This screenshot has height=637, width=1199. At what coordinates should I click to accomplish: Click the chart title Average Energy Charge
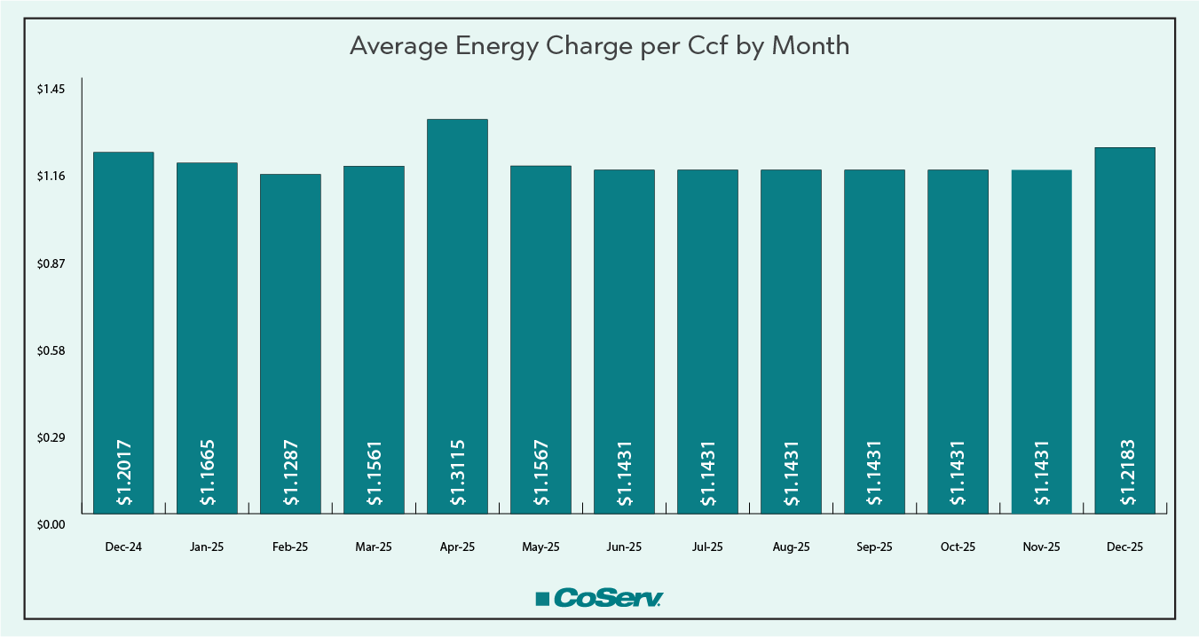click(x=599, y=46)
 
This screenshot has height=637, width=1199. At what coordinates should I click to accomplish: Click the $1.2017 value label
click(x=124, y=473)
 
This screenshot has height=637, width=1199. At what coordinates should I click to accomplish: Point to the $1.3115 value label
click(x=458, y=473)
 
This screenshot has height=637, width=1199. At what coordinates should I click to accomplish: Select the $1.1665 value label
click(x=208, y=473)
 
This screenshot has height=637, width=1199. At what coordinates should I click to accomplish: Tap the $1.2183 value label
click(x=1125, y=473)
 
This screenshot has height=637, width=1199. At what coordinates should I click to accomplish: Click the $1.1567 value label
click(x=541, y=473)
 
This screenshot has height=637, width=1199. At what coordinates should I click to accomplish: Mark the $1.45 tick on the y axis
click(x=51, y=90)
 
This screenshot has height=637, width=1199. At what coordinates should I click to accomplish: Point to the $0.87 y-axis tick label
click(x=51, y=264)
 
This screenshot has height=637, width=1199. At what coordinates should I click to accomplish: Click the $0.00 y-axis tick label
click(x=51, y=525)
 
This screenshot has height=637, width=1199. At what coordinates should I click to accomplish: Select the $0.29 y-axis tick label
click(x=51, y=438)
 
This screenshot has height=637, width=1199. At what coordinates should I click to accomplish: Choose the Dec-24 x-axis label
click(x=123, y=547)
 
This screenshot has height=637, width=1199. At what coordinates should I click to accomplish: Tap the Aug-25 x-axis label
click(x=791, y=547)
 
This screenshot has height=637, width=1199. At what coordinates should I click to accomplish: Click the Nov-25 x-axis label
click(x=1041, y=547)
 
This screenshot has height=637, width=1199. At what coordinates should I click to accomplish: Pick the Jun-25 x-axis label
click(x=624, y=547)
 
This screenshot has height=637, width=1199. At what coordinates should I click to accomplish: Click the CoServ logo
click(x=599, y=598)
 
